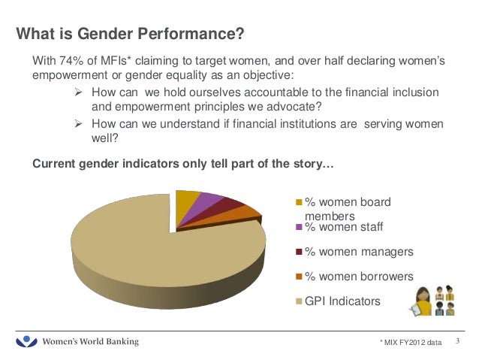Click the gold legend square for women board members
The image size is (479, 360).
coord(299,202)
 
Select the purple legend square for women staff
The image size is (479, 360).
coord(299,227)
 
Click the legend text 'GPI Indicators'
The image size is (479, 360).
coord(342,301)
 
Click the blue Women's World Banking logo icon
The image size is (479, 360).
coord(27,342)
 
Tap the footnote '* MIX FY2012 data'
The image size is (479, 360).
coord(411,343)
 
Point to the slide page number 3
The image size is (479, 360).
coord(457,342)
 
